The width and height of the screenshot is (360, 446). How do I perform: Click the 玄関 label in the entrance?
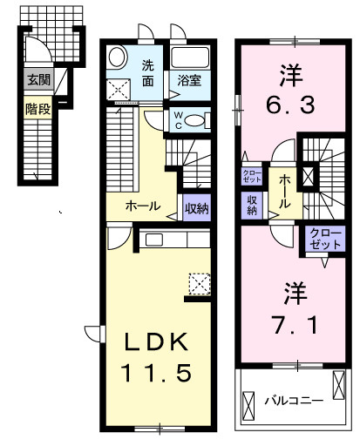pyautogui.click(x=37, y=81)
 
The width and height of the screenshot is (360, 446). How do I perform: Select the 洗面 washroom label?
pyautogui.click(x=148, y=72)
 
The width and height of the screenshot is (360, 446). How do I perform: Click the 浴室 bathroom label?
pyautogui.click(x=190, y=82)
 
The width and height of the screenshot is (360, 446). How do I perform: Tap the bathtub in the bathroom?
pyautogui.click(x=190, y=60)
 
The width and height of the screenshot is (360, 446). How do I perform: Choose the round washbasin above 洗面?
pyautogui.click(x=119, y=59)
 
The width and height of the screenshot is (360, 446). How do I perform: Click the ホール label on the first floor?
pyautogui.click(x=143, y=206)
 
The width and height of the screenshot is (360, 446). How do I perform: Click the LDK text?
pyautogui.click(x=148, y=341)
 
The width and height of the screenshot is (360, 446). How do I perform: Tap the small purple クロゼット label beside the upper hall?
pyautogui.click(x=250, y=175)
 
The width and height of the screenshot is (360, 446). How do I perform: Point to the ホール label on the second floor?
pyautogui.click(x=285, y=189)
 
